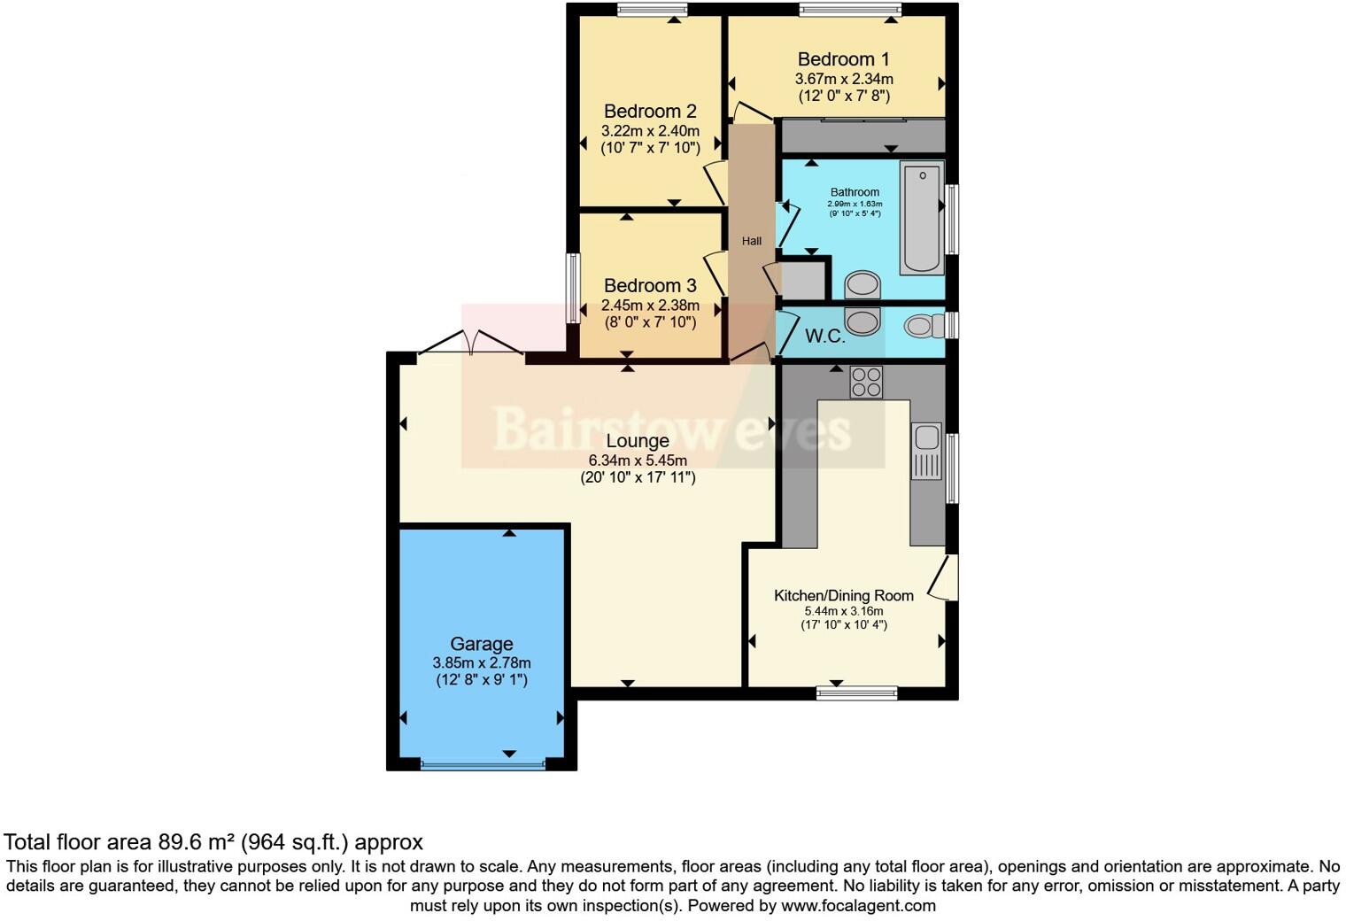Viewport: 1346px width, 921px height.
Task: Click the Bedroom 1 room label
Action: (x=843, y=59)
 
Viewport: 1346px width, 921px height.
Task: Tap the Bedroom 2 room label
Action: (x=650, y=112)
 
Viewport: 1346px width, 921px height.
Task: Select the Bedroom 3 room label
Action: (x=650, y=286)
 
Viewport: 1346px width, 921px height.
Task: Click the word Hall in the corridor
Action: (x=752, y=241)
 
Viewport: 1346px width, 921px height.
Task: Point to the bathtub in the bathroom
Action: (x=922, y=218)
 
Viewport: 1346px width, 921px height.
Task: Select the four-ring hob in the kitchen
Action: (x=866, y=382)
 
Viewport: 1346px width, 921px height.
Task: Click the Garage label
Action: (x=481, y=644)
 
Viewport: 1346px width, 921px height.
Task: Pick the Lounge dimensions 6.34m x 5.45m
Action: (x=638, y=460)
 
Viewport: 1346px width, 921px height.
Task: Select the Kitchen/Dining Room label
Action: (x=843, y=596)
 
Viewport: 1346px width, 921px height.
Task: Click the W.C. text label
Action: (x=824, y=337)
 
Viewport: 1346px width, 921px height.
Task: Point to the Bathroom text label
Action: (x=855, y=192)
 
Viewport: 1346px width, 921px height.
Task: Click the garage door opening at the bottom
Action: (x=483, y=764)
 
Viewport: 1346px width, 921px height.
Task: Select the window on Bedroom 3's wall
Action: (x=573, y=289)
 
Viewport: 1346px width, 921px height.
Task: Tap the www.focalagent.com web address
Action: (x=858, y=906)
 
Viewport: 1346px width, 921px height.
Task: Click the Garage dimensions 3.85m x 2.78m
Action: (x=482, y=662)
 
